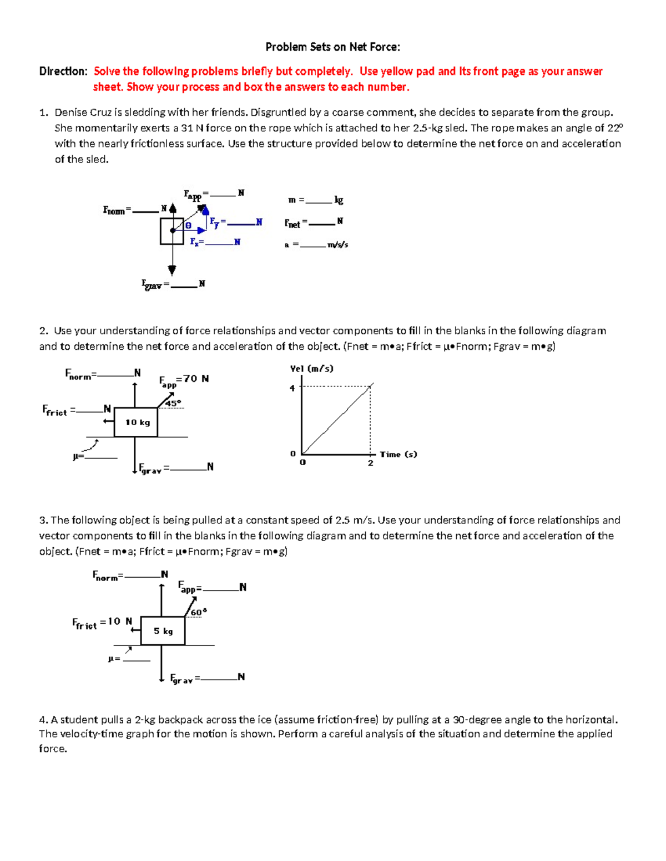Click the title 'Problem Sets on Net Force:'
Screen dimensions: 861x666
pyautogui.click(x=332, y=47)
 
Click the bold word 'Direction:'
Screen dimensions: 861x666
pyautogui.click(x=63, y=71)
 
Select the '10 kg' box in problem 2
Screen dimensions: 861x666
pyautogui.click(x=137, y=422)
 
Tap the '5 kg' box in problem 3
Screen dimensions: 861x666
pyautogui.click(x=163, y=631)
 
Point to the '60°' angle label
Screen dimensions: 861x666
pyautogui.click(x=198, y=612)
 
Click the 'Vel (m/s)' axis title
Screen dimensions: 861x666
pyautogui.click(x=311, y=369)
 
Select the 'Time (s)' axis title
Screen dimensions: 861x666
pyautogui.click(x=398, y=454)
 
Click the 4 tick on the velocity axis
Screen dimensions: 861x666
pyautogui.click(x=292, y=388)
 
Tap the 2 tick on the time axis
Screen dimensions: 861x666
pyautogui.click(x=370, y=463)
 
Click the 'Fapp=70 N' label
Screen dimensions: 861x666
pyautogui.click(x=184, y=380)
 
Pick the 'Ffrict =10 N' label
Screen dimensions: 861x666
pyautogui.click(x=102, y=622)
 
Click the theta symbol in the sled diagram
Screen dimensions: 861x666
pyautogui.click(x=188, y=226)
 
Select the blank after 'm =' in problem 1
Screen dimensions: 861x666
pyautogui.click(x=319, y=201)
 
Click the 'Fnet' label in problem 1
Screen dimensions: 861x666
pyautogui.click(x=292, y=223)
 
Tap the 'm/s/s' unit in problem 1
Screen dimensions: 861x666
pyautogui.click(x=337, y=244)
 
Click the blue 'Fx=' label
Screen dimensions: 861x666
pyautogui.click(x=196, y=242)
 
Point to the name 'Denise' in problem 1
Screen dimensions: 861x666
pyautogui.click(x=70, y=113)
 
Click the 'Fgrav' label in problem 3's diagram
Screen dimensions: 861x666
pyautogui.click(x=181, y=679)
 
